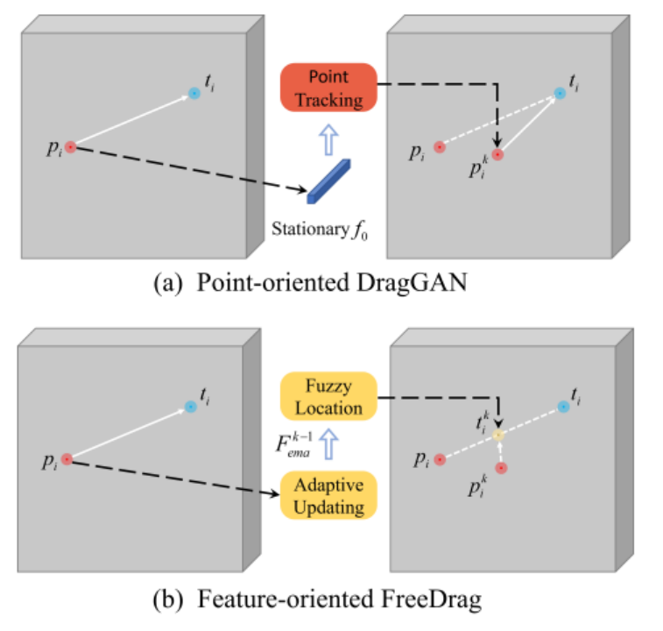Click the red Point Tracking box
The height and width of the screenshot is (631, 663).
point(328,88)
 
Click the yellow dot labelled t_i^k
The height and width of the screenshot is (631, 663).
point(498,435)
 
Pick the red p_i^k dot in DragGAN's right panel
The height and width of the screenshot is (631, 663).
point(497,153)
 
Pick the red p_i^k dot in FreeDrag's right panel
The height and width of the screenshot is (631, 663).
point(500,469)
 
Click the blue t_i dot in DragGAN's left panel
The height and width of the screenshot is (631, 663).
point(194,93)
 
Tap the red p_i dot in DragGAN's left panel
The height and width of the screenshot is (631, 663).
point(70,147)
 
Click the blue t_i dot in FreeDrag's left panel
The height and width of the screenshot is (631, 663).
point(190,406)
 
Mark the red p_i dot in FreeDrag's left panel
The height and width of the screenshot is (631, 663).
point(67,458)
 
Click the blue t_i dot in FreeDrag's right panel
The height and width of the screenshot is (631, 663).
point(563,408)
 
